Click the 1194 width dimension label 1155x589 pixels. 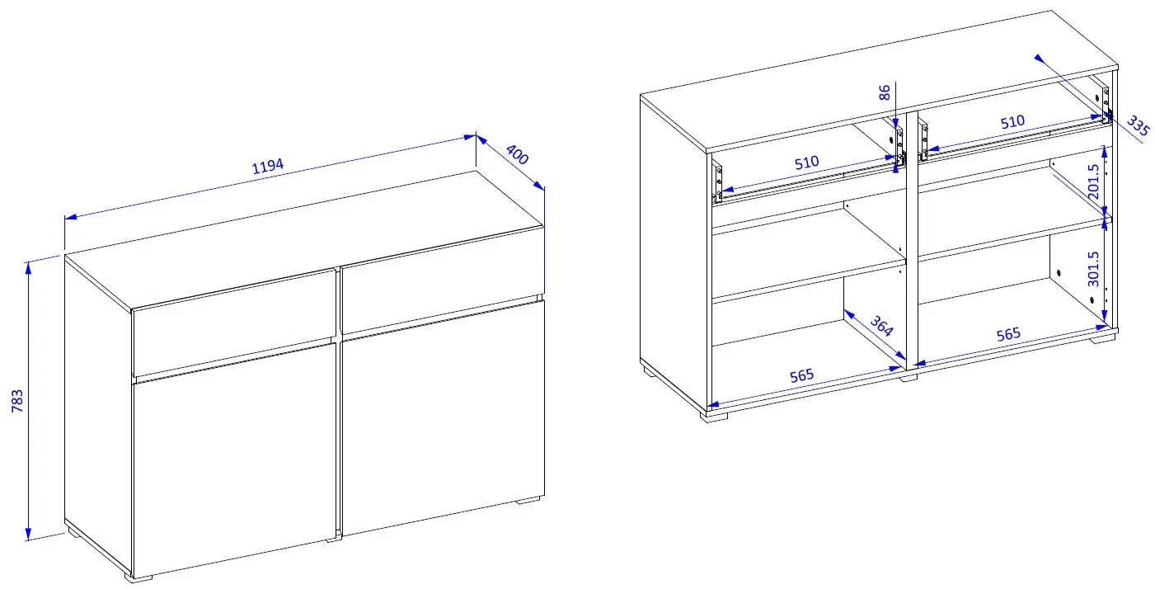coord(268,166)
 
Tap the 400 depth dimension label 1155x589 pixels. coord(517,154)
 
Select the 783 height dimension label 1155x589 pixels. coord(17,401)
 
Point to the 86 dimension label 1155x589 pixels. coord(884,93)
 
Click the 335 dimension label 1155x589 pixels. coord(1137,126)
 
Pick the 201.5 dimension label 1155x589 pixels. coord(1092,181)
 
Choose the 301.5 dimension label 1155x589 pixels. coord(1092,269)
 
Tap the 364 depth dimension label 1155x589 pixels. coord(881,326)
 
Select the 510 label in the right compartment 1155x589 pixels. coord(1012,122)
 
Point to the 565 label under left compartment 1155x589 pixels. coord(801,375)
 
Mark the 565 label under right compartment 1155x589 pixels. coord(1008,334)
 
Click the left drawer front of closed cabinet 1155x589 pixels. coord(235,323)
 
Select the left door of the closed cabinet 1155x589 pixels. coord(235,459)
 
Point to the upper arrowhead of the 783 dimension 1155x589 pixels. coord(28,267)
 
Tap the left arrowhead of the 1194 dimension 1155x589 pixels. coord(71,217)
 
